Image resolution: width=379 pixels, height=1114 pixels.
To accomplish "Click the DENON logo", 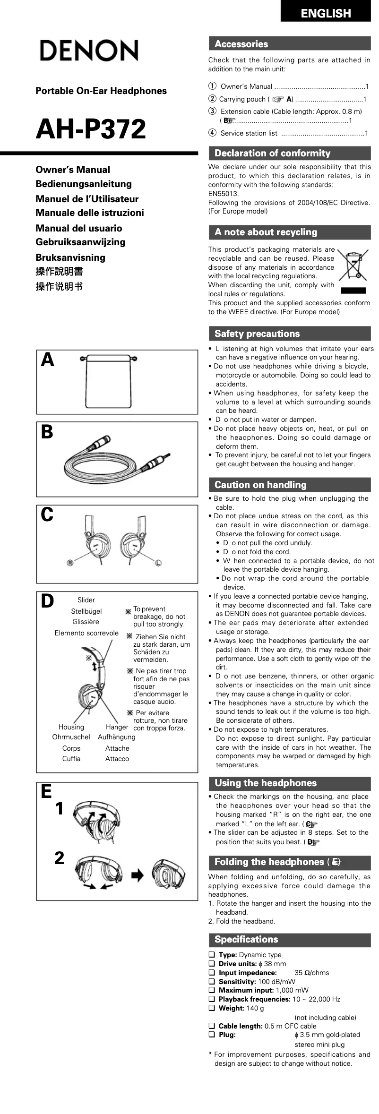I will point(89,51).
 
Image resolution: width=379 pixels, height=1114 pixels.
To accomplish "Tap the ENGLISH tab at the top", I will point(326,13).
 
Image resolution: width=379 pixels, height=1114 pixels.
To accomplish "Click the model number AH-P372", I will point(91,129).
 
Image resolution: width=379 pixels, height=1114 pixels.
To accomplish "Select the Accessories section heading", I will point(241,44).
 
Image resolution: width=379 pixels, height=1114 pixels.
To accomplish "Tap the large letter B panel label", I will point(47,432).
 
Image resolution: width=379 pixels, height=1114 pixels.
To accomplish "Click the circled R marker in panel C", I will point(70,563).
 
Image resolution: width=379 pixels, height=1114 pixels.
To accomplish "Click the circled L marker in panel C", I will point(158,563).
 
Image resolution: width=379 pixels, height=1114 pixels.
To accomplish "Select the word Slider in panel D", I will point(86,600).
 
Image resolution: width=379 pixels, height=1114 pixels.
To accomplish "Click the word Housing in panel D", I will point(71,727).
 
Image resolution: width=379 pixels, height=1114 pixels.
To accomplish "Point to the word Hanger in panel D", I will point(117,727).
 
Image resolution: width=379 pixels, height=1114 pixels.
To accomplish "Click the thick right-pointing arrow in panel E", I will point(138,876).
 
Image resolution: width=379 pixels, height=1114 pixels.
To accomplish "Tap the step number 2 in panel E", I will point(59,857).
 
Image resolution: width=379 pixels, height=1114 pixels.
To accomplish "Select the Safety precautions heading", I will point(257,334).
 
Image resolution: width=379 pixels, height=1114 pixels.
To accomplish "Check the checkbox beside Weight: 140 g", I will point(212,1008).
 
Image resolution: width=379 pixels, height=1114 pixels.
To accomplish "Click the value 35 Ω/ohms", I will point(312,973).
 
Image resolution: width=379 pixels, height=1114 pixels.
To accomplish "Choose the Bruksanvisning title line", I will point(70,257).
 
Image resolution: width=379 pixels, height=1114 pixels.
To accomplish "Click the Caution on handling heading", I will point(260,485).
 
